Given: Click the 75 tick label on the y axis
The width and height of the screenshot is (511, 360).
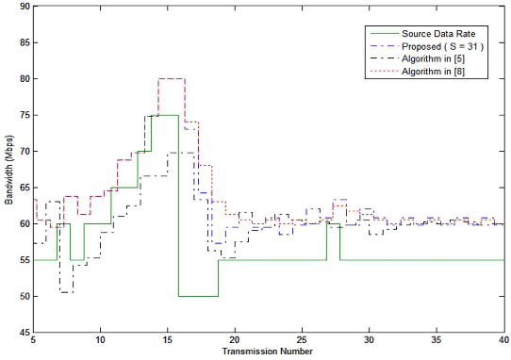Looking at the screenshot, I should pos(23,115).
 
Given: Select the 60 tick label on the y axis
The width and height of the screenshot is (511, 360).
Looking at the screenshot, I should pos(23,224).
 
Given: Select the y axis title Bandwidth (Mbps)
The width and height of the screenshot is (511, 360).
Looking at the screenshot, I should pos(8,169).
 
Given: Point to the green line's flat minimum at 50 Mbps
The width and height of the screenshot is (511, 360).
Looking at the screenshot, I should pos(198,296).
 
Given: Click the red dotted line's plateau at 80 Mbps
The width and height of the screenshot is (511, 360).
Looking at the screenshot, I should pos(171,78).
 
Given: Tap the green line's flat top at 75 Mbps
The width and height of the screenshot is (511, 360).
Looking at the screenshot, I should pos(165,115).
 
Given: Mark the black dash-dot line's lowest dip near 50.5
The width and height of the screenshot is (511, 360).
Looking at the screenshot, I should pos(66,292).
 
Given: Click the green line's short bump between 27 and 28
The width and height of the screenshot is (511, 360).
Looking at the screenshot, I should pos(334,223).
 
